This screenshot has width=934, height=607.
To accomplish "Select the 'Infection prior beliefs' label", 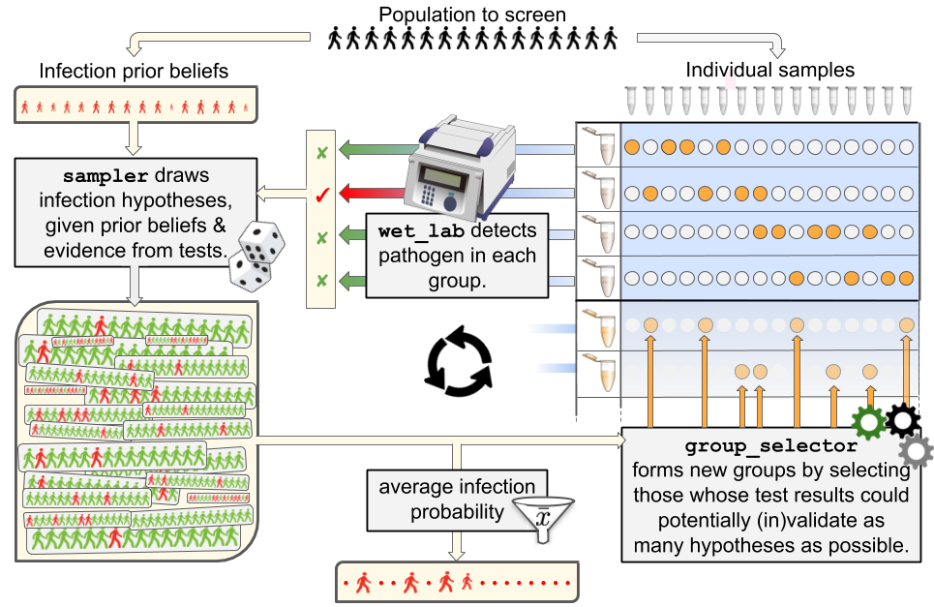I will tap(136, 72).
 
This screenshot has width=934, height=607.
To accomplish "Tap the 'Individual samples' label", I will tap(770, 70).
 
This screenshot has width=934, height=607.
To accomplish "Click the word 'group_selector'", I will tap(771, 447).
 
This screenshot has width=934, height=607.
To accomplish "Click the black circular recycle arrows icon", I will tap(462, 360).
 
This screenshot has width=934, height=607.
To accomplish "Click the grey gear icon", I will tap(915, 450).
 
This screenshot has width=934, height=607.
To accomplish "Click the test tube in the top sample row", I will tap(606, 148).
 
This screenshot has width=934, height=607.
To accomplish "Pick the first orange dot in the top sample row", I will tap(632, 148).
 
